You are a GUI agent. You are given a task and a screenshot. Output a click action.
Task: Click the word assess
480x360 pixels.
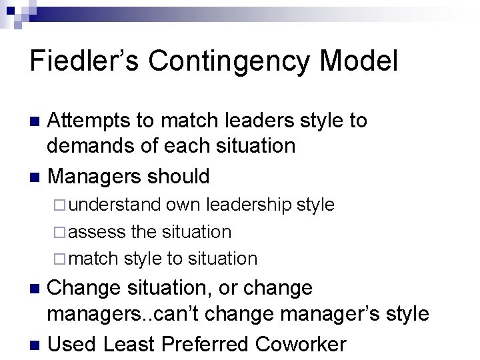(x=97, y=232)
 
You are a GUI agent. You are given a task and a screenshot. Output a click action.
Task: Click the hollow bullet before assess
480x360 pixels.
(x=62, y=233)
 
